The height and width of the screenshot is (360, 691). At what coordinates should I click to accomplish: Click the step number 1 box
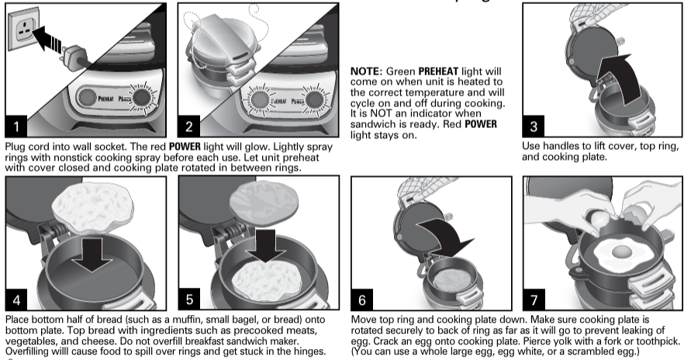pyautogui.click(x=16, y=126)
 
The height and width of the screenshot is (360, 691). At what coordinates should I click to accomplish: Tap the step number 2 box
pyautogui.click(x=188, y=126)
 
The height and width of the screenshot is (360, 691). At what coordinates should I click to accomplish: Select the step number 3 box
pyautogui.click(x=534, y=126)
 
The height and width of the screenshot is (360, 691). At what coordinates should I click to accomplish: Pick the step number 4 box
pyautogui.click(x=16, y=299)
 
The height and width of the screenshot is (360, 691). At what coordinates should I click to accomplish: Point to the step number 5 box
pyautogui.click(x=189, y=299)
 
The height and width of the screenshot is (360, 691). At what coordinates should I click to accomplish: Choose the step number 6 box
pyautogui.click(x=362, y=299)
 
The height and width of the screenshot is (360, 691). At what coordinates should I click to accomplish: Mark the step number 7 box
pyautogui.click(x=534, y=299)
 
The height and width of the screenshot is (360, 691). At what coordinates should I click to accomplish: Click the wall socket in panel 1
pyautogui.click(x=23, y=30)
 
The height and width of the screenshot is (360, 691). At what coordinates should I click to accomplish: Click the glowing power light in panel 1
pyautogui.click(x=142, y=98)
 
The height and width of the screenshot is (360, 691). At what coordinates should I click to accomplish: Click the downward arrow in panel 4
pyautogui.click(x=93, y=254)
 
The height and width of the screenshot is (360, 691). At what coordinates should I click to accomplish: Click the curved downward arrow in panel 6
pyautogui.click(x=445, y=238)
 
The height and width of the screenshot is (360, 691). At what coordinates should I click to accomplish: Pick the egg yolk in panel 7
pyautogui.click(x=622, y=252)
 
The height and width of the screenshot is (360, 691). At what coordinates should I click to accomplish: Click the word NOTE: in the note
pyautogui.click(x=367, y=71)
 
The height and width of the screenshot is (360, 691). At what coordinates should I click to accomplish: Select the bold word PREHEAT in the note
pyautogui.click(x=438, y=71)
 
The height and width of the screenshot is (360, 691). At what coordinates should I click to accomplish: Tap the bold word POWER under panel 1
pyautogui.click(x=185, y=147)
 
